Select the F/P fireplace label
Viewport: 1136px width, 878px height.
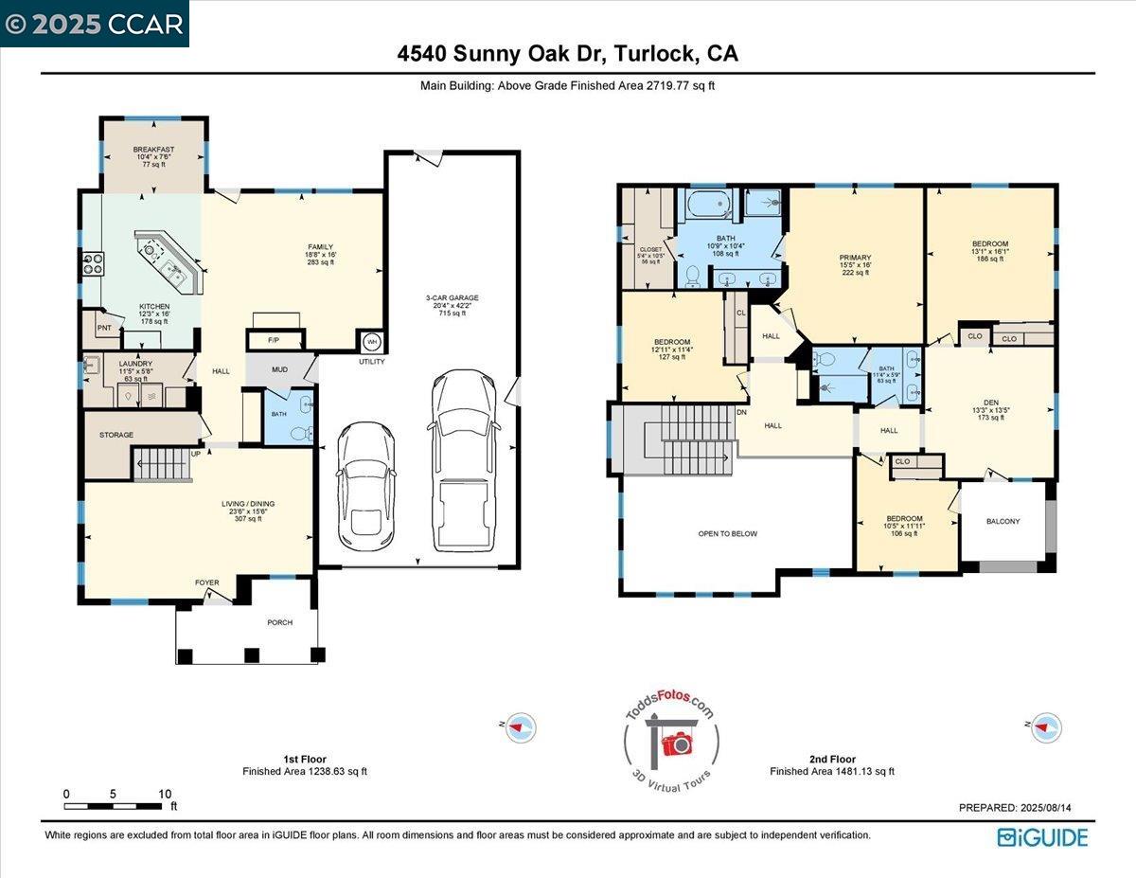click(x=274, y=339)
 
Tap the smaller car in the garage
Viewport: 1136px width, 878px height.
click(x=365, y=479)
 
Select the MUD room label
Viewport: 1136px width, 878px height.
click(x=280, y=370)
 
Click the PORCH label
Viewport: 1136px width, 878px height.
click(x=279, y=622)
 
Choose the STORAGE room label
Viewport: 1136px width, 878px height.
click(x=116, y=435)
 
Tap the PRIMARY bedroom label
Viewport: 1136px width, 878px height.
click(x=855, y=258)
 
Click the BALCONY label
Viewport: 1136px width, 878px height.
click(x=1003, y=521)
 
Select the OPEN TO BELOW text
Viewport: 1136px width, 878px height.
click(x=727, y=533)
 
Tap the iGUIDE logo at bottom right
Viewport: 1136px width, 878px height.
click(x=1042, y=837)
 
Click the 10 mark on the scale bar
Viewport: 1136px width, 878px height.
click(x=165, y=794)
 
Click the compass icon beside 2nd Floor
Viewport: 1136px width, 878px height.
click(x=1046, y=726)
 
